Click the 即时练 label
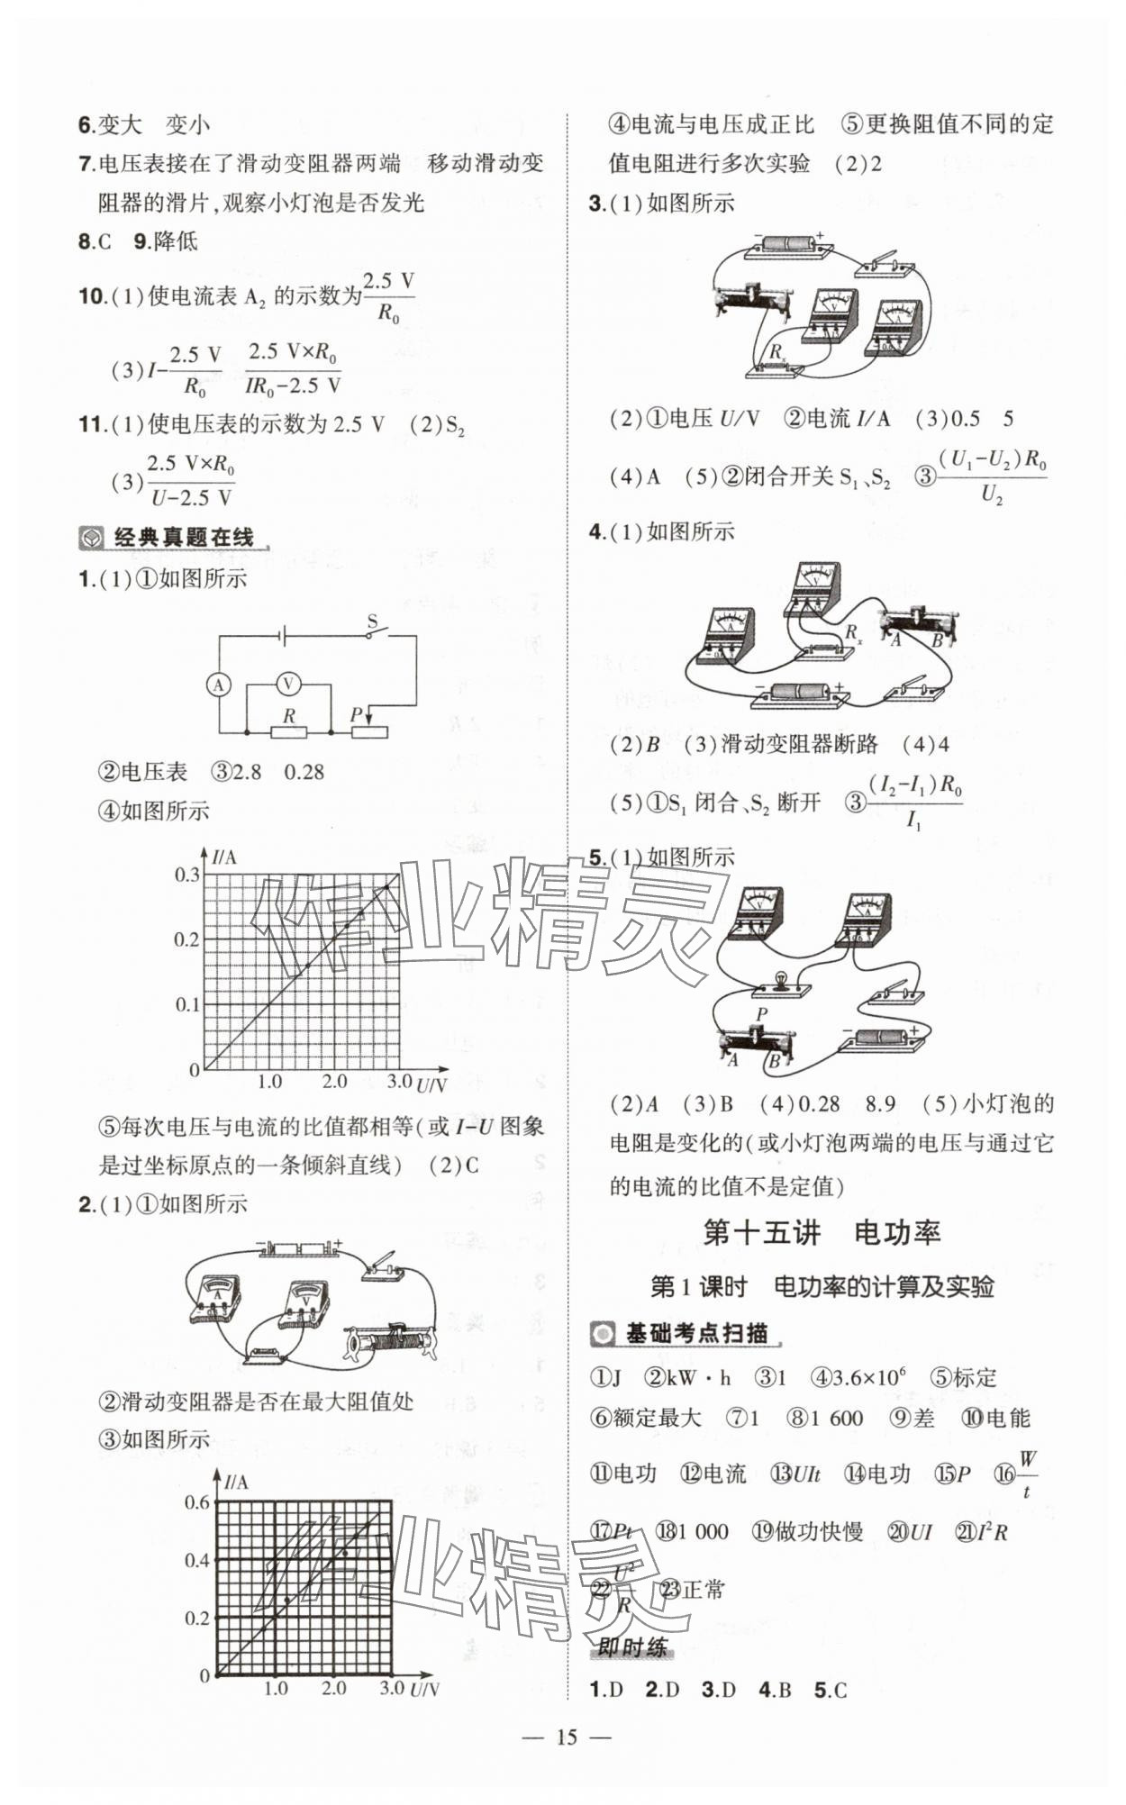pyautogui.click(x=632, y=1647)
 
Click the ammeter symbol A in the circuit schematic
pyautogui.click(x=218, y=685)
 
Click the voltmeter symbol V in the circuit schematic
pyautogui.click(x=288, y=685)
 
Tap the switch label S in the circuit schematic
pyautogui.click(x=372, y=621)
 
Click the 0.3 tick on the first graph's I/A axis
pyautogui.click(x=187, y=875)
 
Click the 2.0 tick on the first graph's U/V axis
pyautogui.click(x=334, y=1082)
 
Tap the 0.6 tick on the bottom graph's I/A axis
pyautogui.click(x=196, y=1502)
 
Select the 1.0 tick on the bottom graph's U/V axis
pyautogui.click(x=276, y=1688)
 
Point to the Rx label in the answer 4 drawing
pyautogui.click(x=852, y=633)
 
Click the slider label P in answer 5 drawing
pyautogui.click(x=761, y=1014)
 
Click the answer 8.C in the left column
pyautogui.click(x=95, y=241)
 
